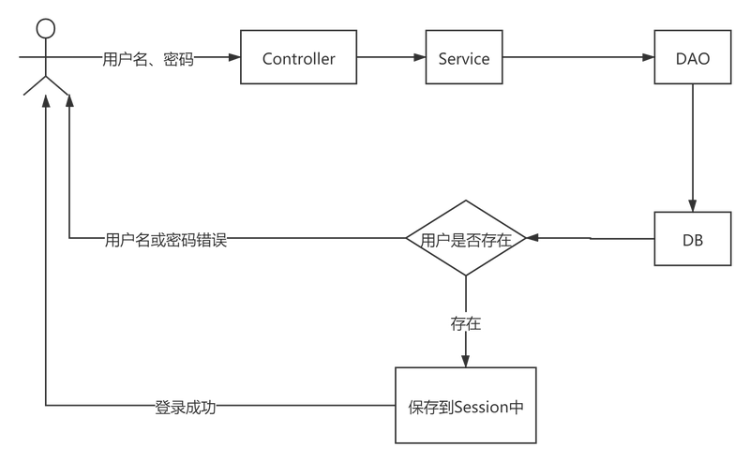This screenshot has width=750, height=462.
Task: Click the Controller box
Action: point(298,57)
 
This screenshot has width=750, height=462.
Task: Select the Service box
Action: point(464,57)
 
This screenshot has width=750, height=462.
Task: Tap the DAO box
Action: point(693,57)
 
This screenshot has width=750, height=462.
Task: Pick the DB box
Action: point(693,239)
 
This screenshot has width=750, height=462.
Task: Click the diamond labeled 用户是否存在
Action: point(466,238)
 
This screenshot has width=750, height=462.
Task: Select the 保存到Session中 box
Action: point(466,406)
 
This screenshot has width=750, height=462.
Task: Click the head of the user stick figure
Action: point(45,29)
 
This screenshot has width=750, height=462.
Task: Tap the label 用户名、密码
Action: point(148,59)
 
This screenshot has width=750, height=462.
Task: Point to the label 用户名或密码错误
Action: point(166,239)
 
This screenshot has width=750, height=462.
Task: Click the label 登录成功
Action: point(186,407)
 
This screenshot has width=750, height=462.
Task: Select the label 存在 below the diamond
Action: point(465,323)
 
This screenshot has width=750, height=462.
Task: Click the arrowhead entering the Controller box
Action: point(234,57)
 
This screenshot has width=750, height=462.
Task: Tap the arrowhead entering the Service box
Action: point(419,57)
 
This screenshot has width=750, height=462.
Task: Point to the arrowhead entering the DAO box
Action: point(648,57)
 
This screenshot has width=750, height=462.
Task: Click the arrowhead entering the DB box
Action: point(693,205)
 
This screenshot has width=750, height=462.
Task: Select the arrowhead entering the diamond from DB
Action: point(532,238)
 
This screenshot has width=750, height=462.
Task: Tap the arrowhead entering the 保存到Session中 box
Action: point(466,362)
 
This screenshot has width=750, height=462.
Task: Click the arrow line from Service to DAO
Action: point(578,57)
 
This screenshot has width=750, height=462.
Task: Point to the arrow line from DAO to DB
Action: point(693,148)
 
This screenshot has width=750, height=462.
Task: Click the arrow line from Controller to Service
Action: point(391,57)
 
